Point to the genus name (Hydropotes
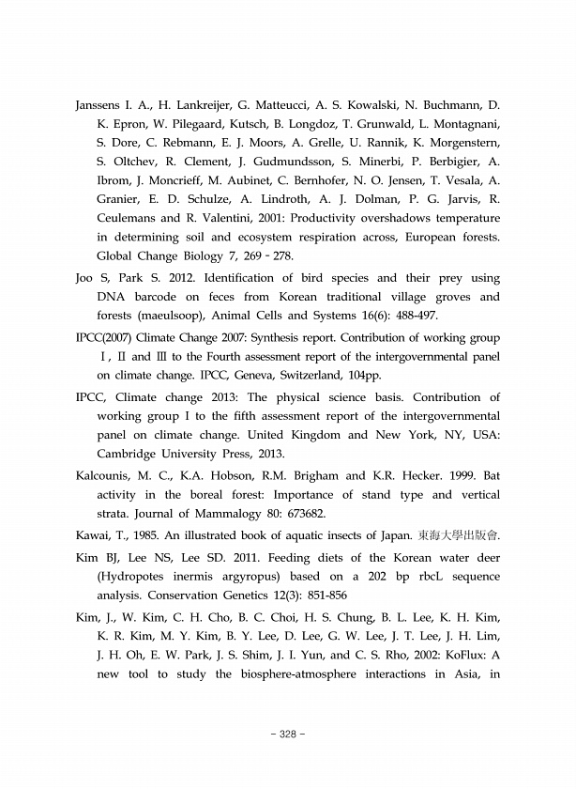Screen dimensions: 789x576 click(140, 576)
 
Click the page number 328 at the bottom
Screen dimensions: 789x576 click(288, 733)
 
